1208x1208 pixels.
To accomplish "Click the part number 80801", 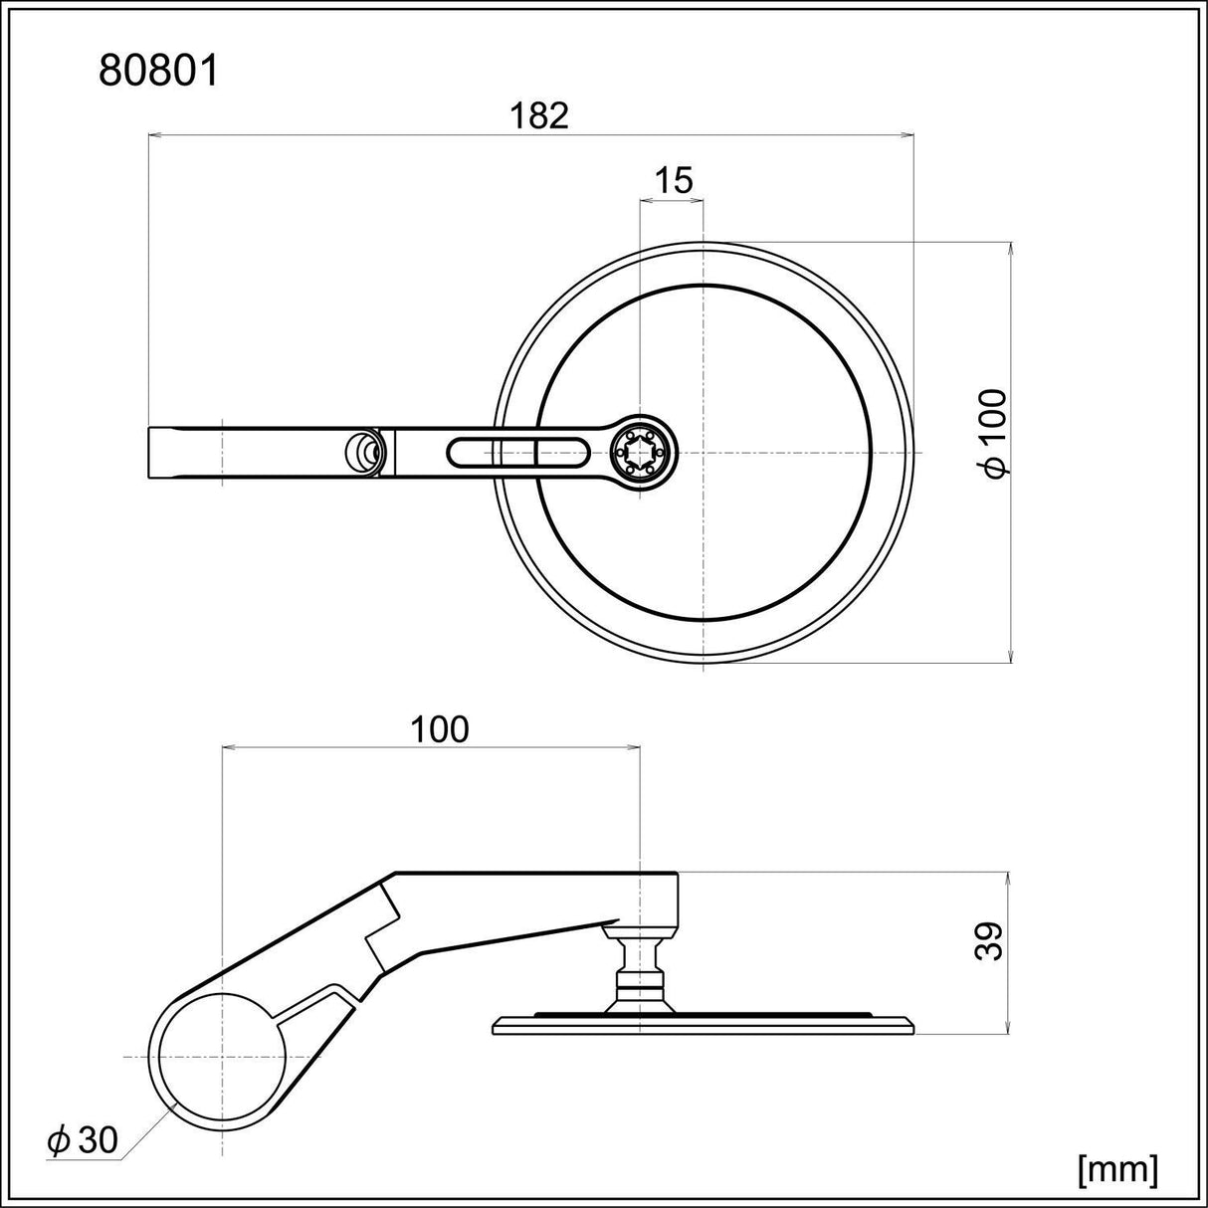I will (x=158, y=72).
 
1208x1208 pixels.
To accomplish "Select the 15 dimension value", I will (x=673, y=180).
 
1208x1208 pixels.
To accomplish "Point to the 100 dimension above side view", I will (x=440, y=729).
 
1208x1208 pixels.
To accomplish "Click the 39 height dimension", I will (x=988, y=939).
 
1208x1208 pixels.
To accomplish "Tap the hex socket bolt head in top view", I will (x=640, y=453).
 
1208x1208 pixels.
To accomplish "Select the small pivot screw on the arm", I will (x=365, y=453).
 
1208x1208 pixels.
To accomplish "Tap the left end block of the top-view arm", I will (x=183, y=453).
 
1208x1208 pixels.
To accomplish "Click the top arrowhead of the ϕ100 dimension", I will (x=1010, y=248).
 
